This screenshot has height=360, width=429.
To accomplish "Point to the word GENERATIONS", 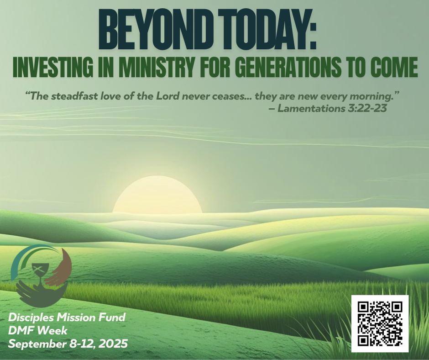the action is [x=288, y=68].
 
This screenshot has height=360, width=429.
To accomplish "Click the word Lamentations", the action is [x=311, y=108].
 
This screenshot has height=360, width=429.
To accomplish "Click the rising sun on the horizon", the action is [x=157, y=194].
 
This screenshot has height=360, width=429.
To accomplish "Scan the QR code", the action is [x=380, y=323].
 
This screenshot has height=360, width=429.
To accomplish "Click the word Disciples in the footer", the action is [x=31, y=318].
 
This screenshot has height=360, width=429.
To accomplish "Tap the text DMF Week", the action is [x=38, y=330].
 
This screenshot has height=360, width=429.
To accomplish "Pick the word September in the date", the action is [x=37, y=344].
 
